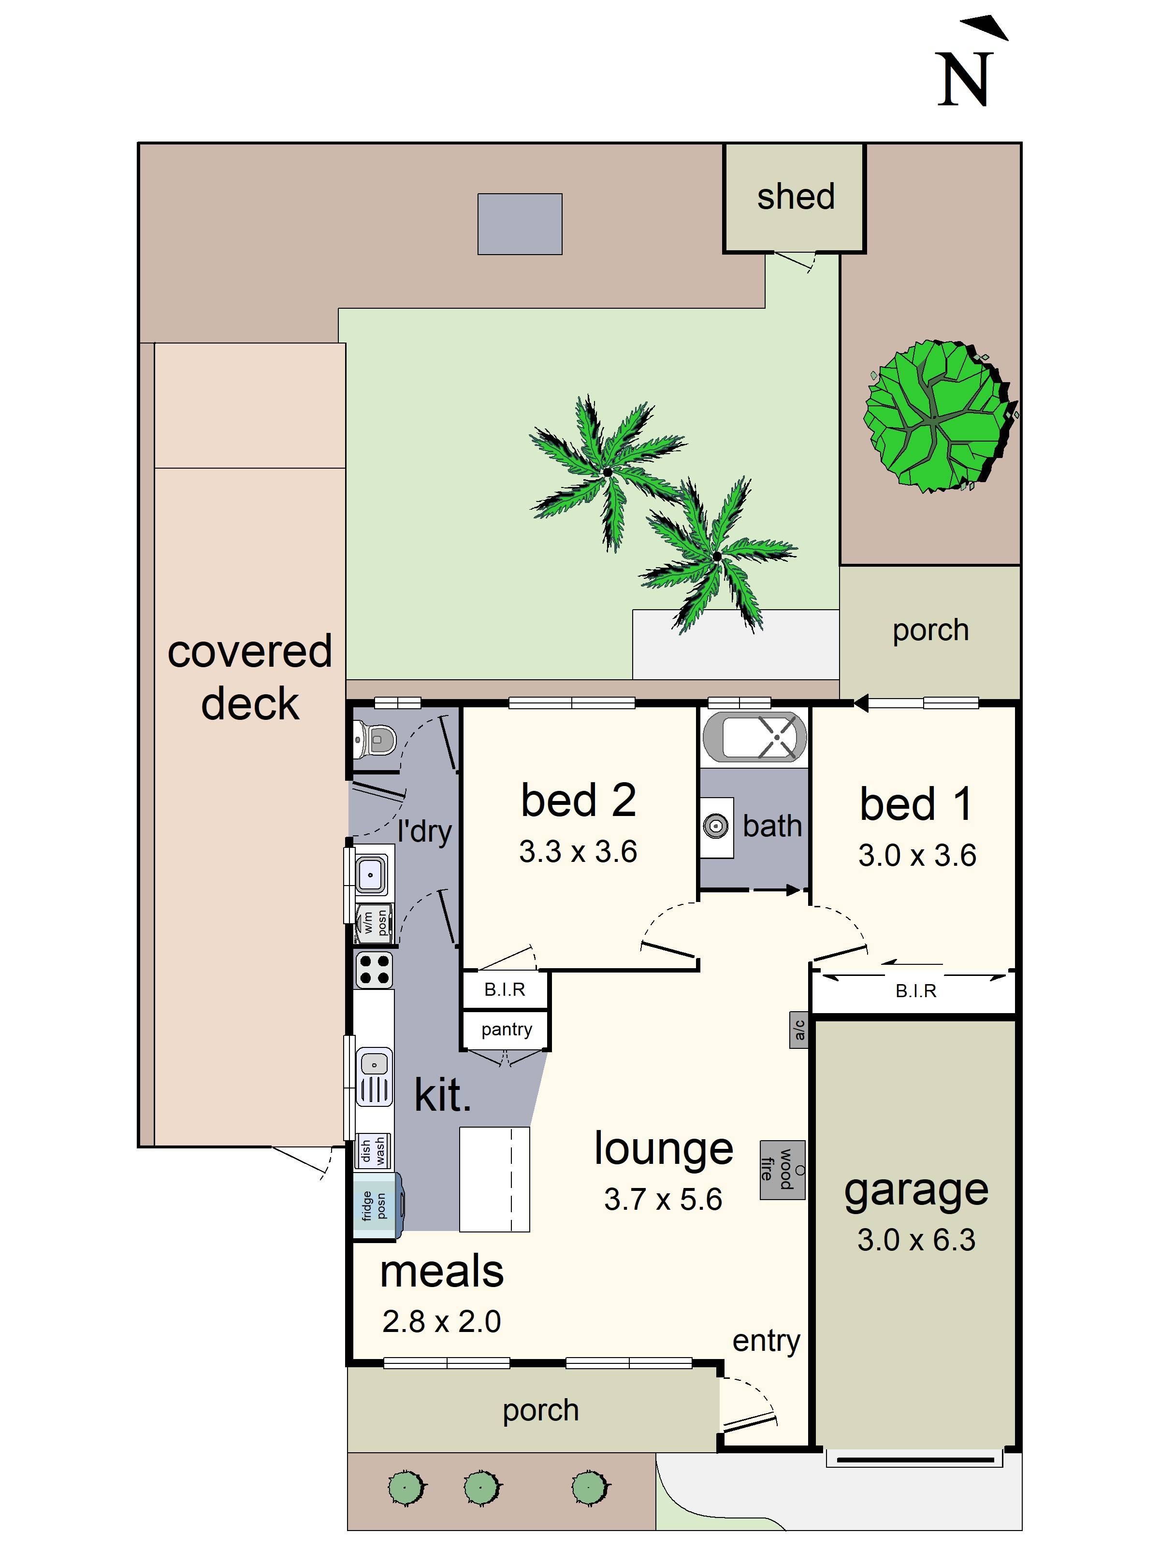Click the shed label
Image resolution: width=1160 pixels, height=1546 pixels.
coord(796,197)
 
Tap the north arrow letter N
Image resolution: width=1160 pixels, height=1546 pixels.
coord(965,80)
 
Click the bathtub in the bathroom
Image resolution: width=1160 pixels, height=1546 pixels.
coord(754,737)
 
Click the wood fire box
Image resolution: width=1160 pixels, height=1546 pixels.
coord(783,1171)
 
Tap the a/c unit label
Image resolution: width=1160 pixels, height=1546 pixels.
coord(799,1030)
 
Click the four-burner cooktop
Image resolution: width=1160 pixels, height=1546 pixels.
coord(374,970)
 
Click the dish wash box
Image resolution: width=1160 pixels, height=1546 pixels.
coord(373,1150)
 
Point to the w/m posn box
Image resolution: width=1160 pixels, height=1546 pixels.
coord(374,923)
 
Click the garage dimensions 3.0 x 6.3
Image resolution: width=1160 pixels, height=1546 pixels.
coord(916,1240)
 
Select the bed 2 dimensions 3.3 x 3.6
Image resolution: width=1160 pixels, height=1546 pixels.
coord(578,851)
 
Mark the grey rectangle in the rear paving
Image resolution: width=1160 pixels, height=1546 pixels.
coord(520,224)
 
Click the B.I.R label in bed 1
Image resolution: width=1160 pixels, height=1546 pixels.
coord(915,990)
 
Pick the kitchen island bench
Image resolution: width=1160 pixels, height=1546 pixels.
coord(494,1179)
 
